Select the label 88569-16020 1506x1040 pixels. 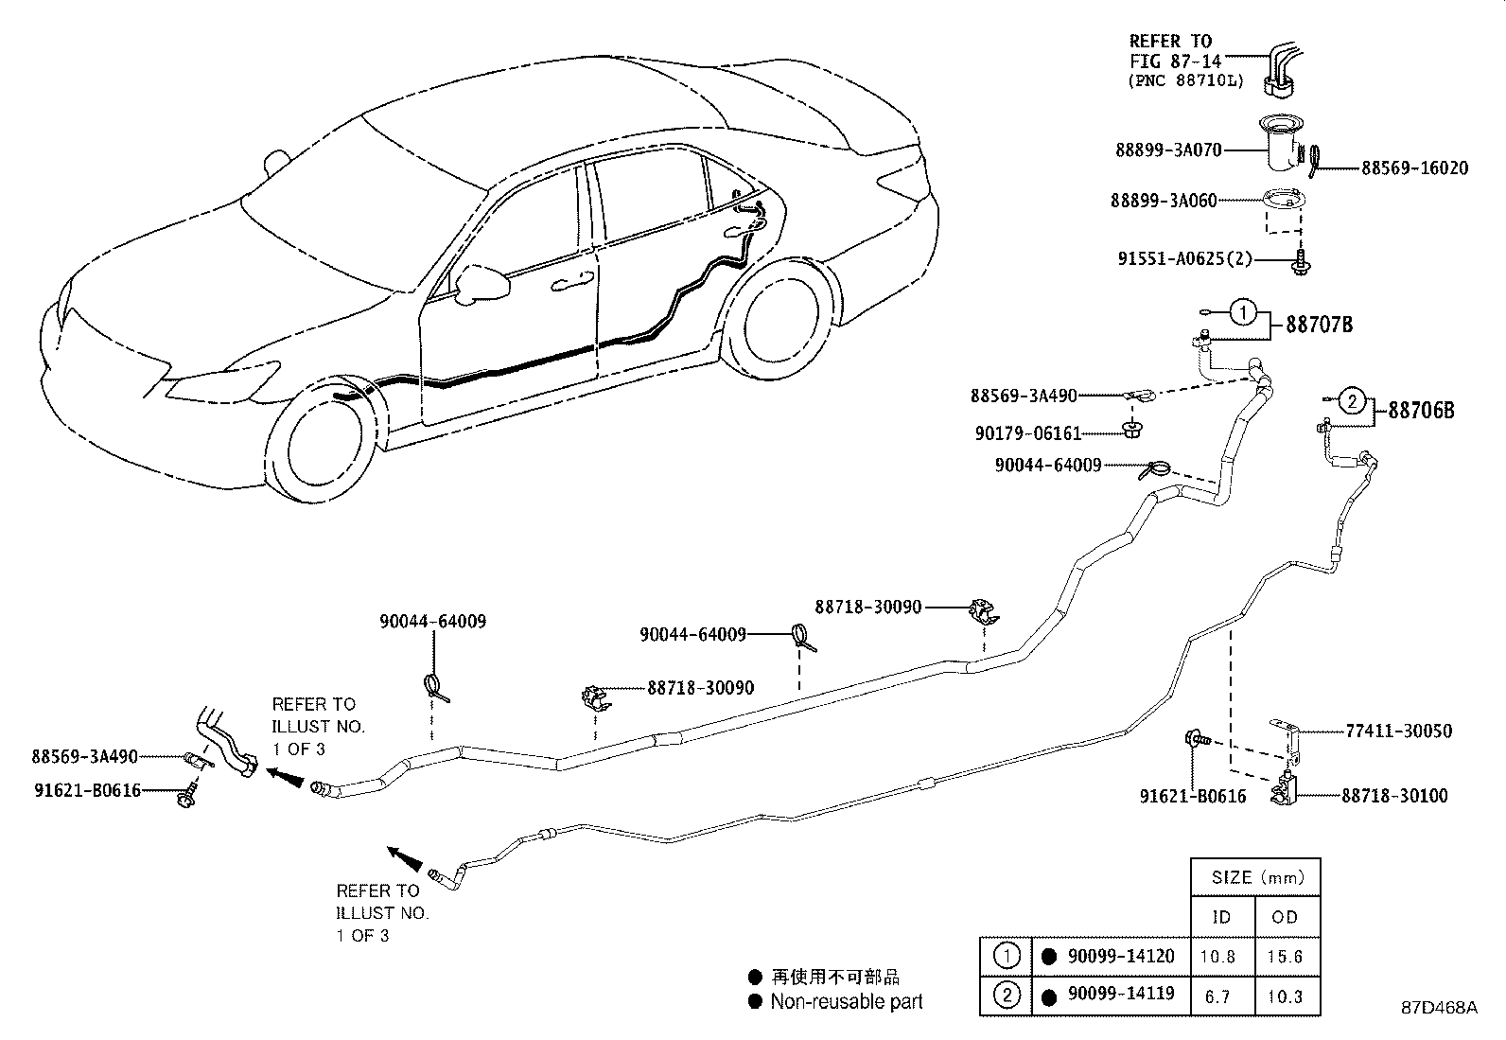[x=1414, y=168]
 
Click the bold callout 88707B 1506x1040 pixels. [x=1319, y=325]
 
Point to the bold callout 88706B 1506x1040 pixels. [x=1421, y=411]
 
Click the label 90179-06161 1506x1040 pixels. [x=1027, y=433]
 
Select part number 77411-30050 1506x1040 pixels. [x=1398, y=731]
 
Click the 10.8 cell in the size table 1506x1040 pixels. [x=1217, y=957]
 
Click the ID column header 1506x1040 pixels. [x=1220, y=916]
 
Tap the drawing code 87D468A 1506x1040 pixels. [x=1439, y=1008]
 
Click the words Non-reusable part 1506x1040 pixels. [x=846, y=1001]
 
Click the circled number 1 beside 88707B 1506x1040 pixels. [x=1245, y=311]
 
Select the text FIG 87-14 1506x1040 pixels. [x=1169, y=61]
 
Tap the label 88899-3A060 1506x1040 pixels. [x=1164, y=201]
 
